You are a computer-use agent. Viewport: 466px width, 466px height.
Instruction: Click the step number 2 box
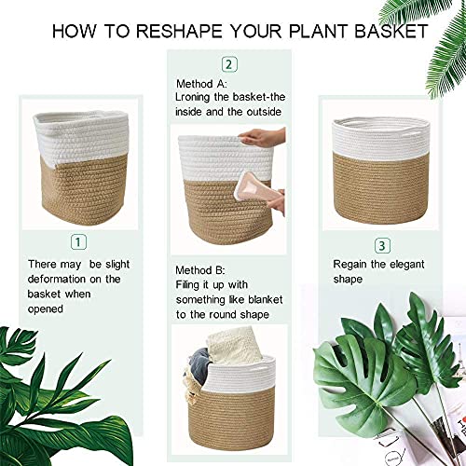coord(228,64)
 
